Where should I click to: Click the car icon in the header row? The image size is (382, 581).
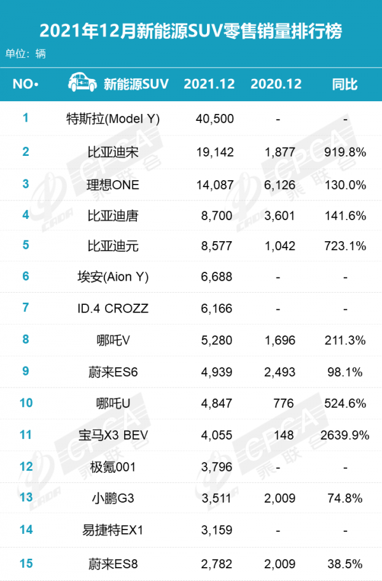82,83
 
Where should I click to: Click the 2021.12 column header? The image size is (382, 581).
209,84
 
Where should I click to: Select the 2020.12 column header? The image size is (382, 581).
276,84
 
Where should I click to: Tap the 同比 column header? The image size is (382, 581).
345,84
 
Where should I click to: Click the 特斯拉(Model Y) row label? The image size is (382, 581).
113,118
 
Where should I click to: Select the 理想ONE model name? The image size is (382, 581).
113,185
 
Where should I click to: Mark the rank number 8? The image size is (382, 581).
26,339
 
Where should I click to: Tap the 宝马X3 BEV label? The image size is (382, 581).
113,436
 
